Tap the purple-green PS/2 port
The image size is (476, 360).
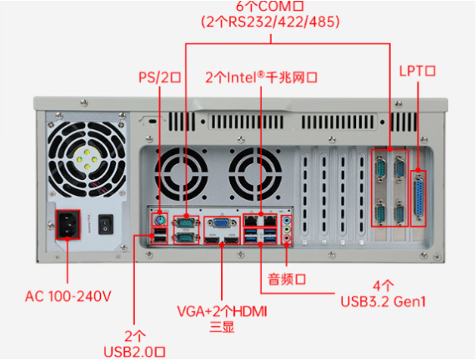click(x=158, y=220)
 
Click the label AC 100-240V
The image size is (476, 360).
click(x=68, y=295)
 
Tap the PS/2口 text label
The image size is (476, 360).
click(x=159, y=77)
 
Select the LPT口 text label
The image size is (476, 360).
click(x=418, y=72)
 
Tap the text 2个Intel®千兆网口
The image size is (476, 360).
click(x=262, y=77)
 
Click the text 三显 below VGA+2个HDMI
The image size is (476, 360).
click(x=223, y=327)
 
